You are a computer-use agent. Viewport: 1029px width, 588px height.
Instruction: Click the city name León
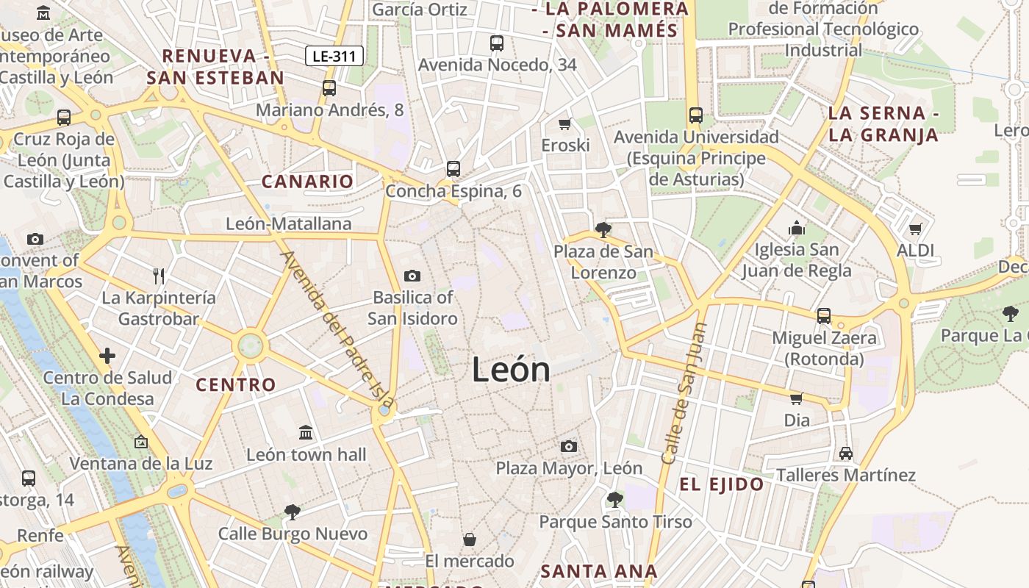[511, 369]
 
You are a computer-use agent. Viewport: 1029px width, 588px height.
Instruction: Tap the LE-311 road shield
[334, 56]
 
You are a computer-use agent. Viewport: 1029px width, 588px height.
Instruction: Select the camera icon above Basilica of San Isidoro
[412, 276]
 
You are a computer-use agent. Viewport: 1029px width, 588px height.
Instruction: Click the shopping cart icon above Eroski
[565, 123]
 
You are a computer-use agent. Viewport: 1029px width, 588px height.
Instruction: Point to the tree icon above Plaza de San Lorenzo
[603, 230]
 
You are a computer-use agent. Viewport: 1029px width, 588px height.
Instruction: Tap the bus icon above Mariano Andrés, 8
[329, 88]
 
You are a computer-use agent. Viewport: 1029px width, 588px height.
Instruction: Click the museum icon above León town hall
[306, 433]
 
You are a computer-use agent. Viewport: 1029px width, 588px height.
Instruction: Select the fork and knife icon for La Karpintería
[159, 276]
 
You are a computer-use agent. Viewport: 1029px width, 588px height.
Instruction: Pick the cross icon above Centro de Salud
[107, 356]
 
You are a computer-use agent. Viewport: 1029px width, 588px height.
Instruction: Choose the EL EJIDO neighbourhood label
[721, 484]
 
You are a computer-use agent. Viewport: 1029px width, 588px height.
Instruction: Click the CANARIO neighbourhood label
[308, 182]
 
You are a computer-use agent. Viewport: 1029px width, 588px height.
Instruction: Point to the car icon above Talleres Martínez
[846, 453]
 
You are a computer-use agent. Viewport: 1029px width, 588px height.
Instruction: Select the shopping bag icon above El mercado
[470, 540]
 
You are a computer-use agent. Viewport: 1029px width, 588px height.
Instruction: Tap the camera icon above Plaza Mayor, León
[568, 446]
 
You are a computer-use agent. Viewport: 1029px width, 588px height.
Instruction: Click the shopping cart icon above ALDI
[915, 229]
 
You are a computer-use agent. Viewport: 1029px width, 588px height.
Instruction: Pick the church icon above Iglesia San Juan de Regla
[797, 229]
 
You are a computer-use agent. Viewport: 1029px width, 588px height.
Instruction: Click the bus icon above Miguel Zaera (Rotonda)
[824, 316]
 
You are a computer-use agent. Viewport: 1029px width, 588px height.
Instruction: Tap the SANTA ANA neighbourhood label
[599, 571]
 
